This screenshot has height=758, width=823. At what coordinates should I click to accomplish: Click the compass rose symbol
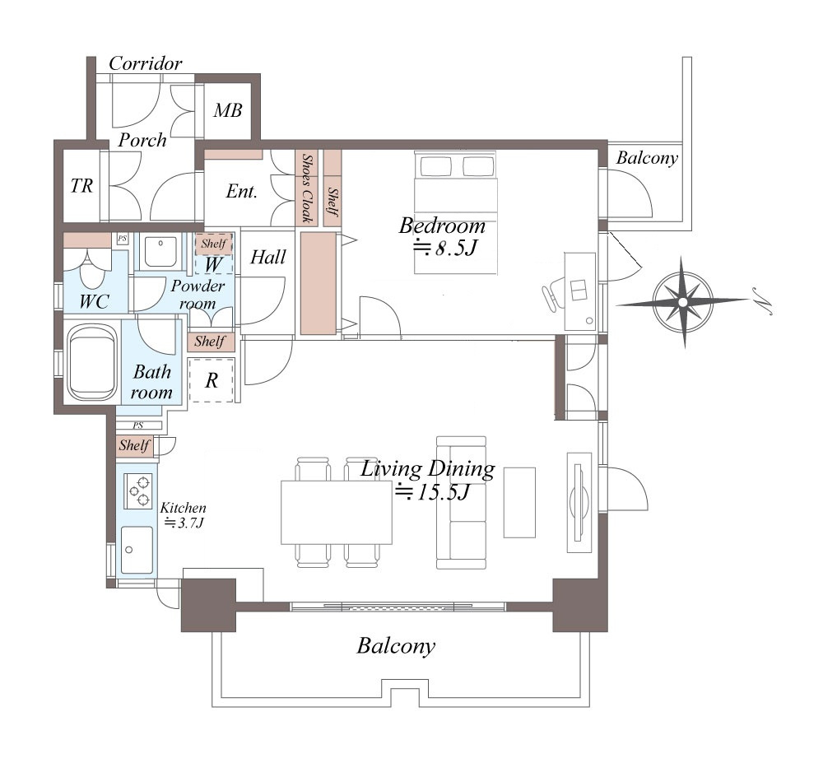[682, 302]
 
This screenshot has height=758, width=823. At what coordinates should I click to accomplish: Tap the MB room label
[228, 110]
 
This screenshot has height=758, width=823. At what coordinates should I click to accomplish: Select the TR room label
[81, 185]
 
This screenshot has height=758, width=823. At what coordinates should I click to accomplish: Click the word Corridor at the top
[146, 63]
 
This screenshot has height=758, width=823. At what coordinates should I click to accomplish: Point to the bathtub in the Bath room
[92, 361]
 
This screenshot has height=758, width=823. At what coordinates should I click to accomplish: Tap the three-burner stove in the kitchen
[138, 491]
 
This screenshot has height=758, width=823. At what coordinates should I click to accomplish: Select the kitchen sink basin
[137, 550]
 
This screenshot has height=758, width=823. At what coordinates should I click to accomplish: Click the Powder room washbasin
[161, 251]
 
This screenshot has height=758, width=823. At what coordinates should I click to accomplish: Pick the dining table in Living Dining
[337, 513]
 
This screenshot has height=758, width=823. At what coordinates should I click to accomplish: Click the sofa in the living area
[461, 502]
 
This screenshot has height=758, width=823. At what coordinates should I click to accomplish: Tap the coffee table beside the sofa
[519, 502]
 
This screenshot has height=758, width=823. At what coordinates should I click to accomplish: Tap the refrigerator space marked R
[212, 380]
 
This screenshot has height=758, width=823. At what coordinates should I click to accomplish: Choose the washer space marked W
[212, 263]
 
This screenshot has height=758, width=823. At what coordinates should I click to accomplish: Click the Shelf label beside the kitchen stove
[134, 446]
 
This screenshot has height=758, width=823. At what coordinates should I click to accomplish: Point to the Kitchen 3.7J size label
[184, 515]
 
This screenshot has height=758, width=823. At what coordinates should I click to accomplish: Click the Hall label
[268, 257]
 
